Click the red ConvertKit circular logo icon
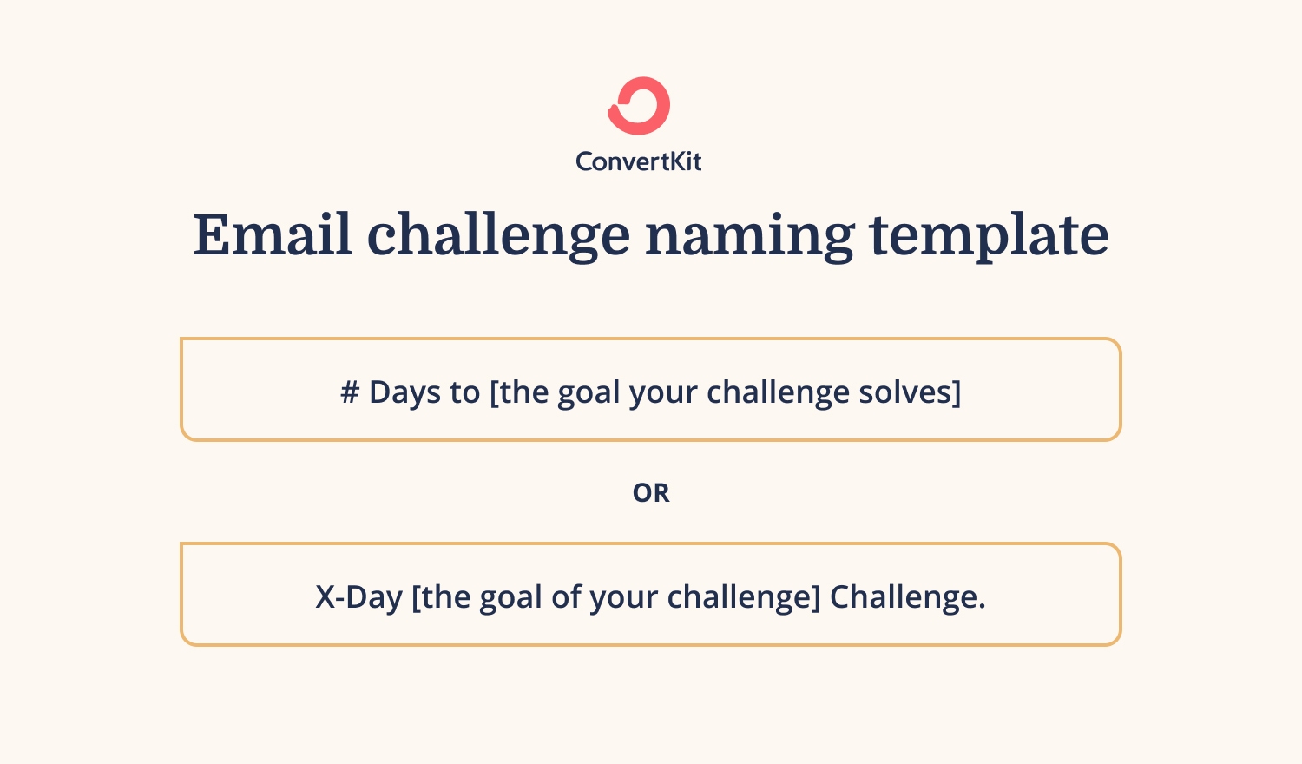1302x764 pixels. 639,106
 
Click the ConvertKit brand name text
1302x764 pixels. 639,161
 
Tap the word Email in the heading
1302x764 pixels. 273,234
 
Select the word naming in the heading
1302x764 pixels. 749,236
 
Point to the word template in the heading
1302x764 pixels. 989,236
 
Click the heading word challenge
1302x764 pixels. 498,236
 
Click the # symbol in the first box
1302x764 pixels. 350,392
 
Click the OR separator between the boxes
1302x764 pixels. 651,493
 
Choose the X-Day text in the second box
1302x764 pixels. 358,597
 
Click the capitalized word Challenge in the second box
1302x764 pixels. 907,597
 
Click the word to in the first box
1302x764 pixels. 465,392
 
